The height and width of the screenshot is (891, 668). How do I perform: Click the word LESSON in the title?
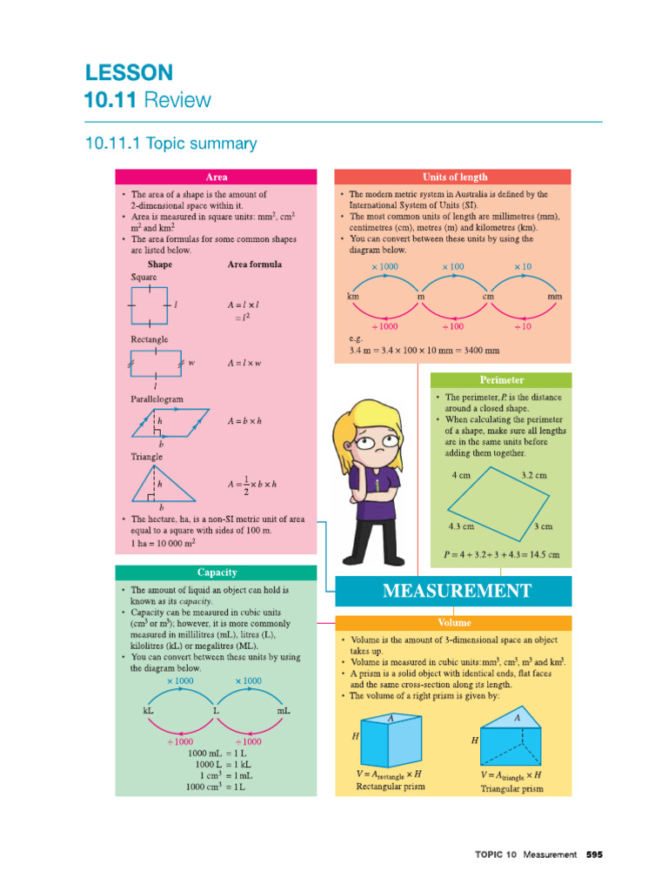pos(129,72)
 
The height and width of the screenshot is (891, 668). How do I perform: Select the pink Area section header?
pos(217,177)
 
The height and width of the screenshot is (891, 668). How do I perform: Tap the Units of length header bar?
pos(453,177)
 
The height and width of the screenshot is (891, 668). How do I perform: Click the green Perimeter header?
pos(501,380)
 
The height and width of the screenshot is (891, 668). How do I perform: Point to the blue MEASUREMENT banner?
pos(453,592)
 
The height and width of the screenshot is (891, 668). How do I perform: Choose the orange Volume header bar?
pos(453,623)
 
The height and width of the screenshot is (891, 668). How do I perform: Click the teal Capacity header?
pos(217,573)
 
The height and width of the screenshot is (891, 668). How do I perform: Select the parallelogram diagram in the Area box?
pos(170,422)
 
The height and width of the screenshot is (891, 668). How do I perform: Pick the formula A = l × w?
pos(244,363)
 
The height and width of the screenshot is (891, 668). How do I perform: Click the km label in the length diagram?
pos(353,297)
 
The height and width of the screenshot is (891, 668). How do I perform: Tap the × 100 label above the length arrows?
pos(452,266)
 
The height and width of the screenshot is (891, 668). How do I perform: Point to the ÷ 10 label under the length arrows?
pos(522,326)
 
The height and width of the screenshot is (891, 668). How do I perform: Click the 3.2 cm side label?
pos(533,476)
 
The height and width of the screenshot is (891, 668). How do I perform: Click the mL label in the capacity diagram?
pos(284,711)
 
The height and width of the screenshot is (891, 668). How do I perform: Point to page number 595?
pos(594,854)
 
